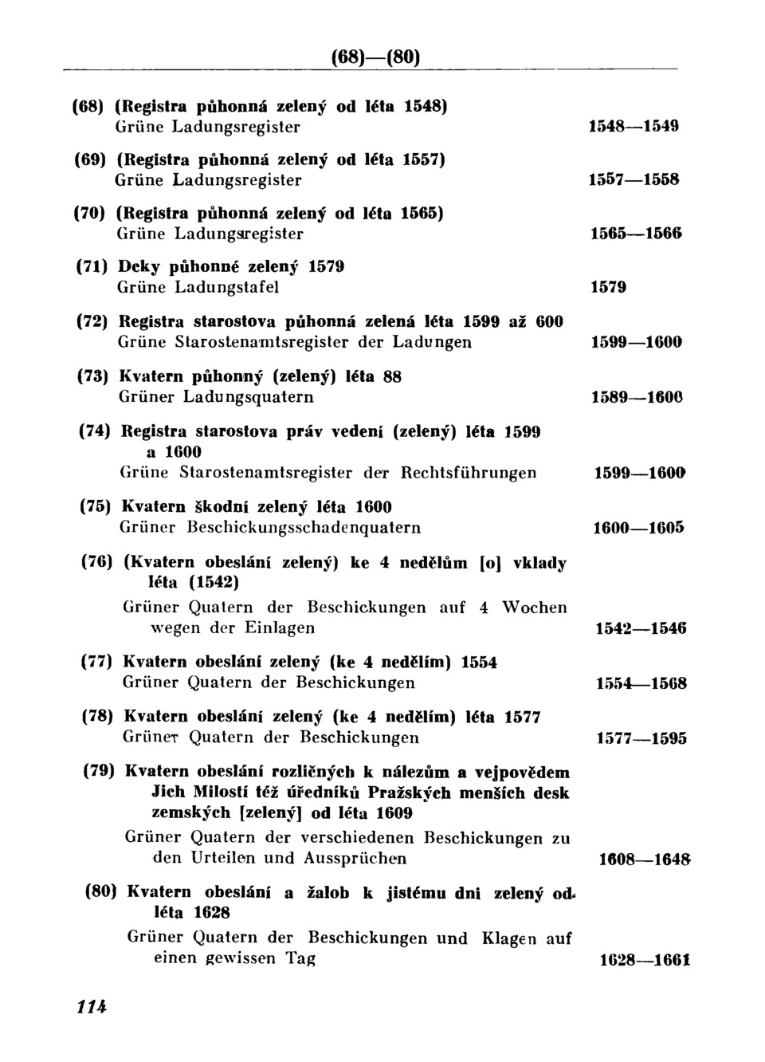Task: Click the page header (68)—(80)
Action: [x=375, y=58]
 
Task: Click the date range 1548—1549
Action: [x=634, y=126]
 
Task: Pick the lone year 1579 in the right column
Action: [x=608, y=287]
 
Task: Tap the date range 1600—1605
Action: [x=639, y=528]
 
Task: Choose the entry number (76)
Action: [x=98, y=562]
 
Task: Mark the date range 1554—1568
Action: [x=641, y=683]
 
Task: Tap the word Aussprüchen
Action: [x=355, y=859]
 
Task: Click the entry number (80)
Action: [x=101, y=892]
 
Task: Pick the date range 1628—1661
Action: [x=645, y=960]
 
